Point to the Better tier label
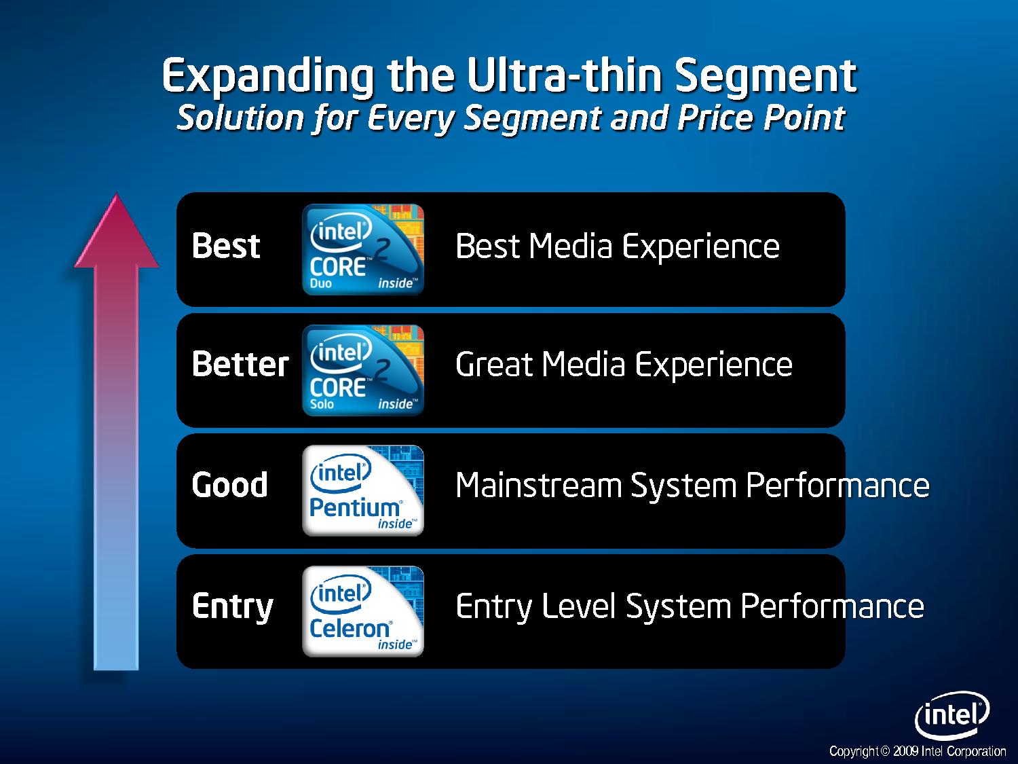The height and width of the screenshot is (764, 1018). point(240,364)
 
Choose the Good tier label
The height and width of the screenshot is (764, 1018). point(229,485)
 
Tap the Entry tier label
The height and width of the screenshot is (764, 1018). point(232,607)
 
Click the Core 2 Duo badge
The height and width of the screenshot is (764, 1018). point(363,249)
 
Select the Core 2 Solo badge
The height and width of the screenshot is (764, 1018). point(363,370)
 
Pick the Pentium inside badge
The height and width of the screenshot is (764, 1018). point(363,491)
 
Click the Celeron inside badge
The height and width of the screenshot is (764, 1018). point(363,611)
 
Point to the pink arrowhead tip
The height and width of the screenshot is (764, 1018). point(117,194)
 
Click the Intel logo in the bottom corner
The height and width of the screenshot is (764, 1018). point(952,715)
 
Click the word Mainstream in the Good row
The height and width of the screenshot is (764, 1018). point(538,486)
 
